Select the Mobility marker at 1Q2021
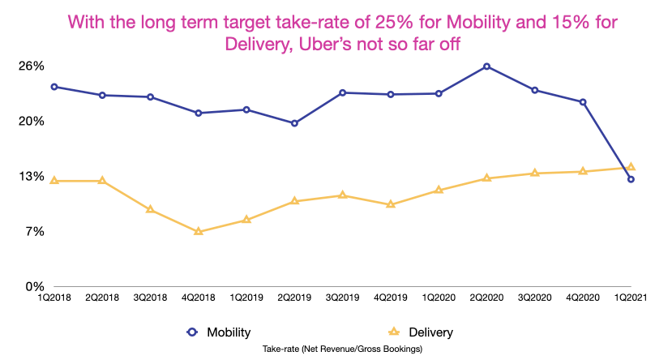click(x=631, y=179)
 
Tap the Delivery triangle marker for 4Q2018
click(x=198, y=231)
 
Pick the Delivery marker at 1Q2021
click(x=631, y=167)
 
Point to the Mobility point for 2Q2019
click(x=294, y=123)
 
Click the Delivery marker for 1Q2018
click(x=54, y=180)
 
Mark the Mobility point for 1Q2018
click(x=54, y=87)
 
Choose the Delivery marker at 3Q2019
click(x=343, y=195)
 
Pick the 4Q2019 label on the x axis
click(x=391, y=298)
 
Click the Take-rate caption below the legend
click(x=343, y=348)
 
